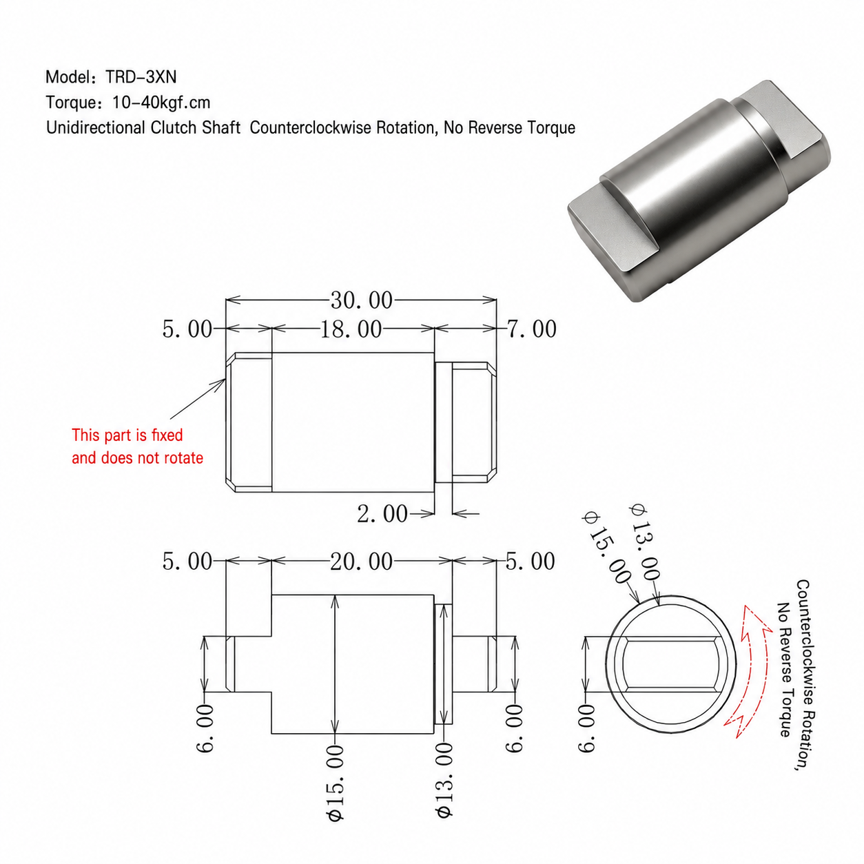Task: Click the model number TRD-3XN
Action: coord(141,77)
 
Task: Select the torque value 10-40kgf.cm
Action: coord(161,103)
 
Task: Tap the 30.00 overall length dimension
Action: coord(362,300)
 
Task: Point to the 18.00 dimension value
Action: coord(351,329)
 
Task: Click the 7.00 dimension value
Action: coord(532,329)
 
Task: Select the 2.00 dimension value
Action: coord(382,514)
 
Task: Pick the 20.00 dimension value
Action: coord(362,562)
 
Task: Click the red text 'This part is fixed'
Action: coord(127,435)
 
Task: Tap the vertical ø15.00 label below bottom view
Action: coord(336,783)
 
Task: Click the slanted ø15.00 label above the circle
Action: coord(608,548)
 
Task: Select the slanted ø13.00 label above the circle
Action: coord(646,542)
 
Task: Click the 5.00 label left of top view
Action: coord(187,329)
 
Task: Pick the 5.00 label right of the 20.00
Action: coord(531,562)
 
